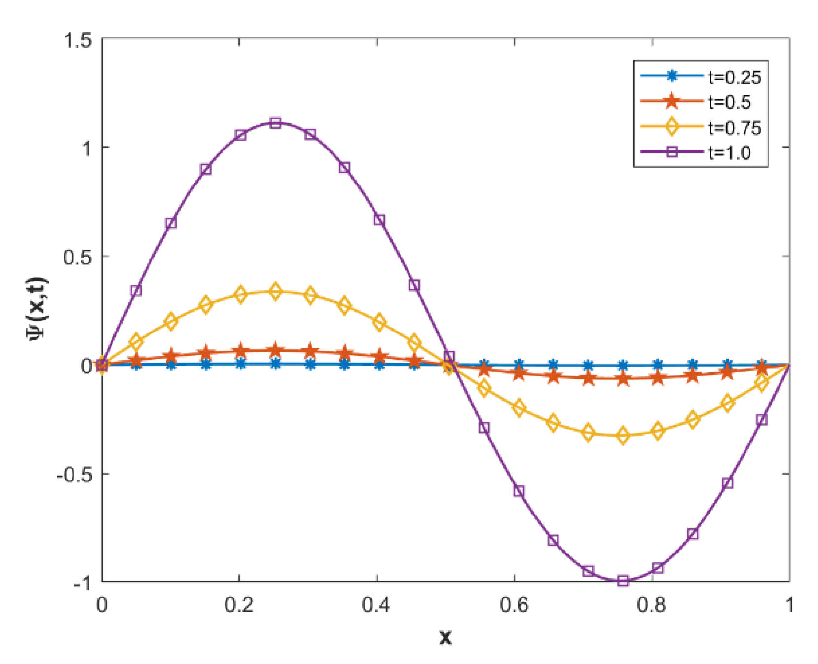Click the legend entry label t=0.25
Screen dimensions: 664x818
click(x=735, y=77)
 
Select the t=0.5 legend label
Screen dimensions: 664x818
click(x=729, y=102)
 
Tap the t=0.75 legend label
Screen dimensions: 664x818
click(x=735, y=128)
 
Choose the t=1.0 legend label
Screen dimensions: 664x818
click(x=729, y=152)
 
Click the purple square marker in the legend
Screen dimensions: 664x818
click(x=671, y=152)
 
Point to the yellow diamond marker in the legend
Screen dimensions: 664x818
click(x=671, y=127)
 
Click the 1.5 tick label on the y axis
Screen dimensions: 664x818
click(x=78, y=40)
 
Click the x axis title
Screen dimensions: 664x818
click(x=445, y=637)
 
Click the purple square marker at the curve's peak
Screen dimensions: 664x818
click(x=276, y=123)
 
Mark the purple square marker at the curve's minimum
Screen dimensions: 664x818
click(x=623, y=581)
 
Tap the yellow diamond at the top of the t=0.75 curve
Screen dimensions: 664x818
click(x=276, y=291)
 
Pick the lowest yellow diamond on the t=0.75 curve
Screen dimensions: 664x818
click(x=623, y=436)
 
